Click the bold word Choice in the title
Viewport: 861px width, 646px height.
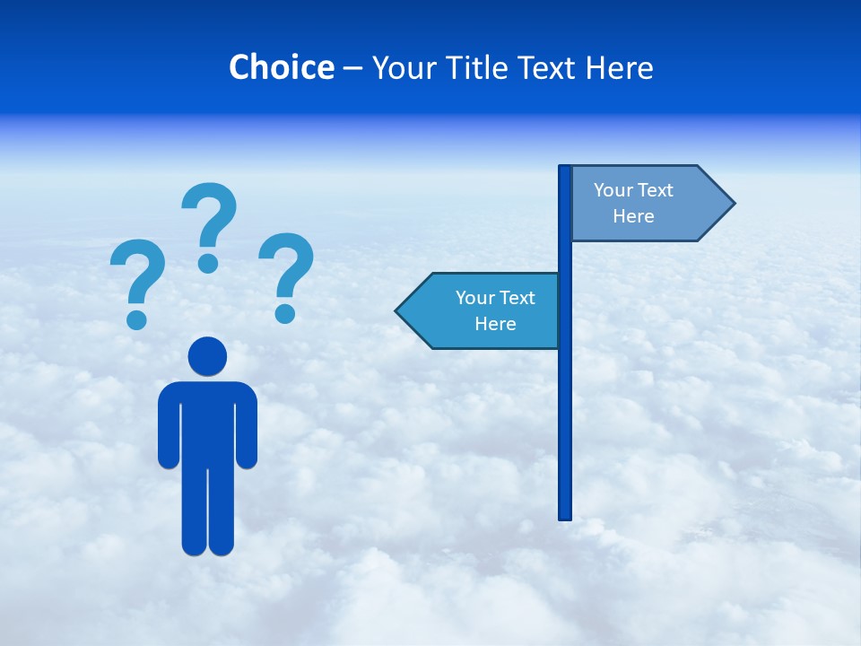pos(281,67)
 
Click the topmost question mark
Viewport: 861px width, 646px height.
pos(211,215)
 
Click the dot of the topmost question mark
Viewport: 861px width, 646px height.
pos(208,262)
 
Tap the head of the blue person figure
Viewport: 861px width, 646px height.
pos(207,356)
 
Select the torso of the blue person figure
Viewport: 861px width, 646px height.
pos(207,422)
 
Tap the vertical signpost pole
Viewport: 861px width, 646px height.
pos(565,404)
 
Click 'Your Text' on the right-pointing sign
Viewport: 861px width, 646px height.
pos(633,190)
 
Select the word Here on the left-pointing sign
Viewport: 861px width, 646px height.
pos(495,324)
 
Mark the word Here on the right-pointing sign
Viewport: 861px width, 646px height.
pos(633,216)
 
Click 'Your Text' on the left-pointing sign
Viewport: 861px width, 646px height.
pos(495,298)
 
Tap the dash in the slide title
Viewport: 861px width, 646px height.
pos(352,68)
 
